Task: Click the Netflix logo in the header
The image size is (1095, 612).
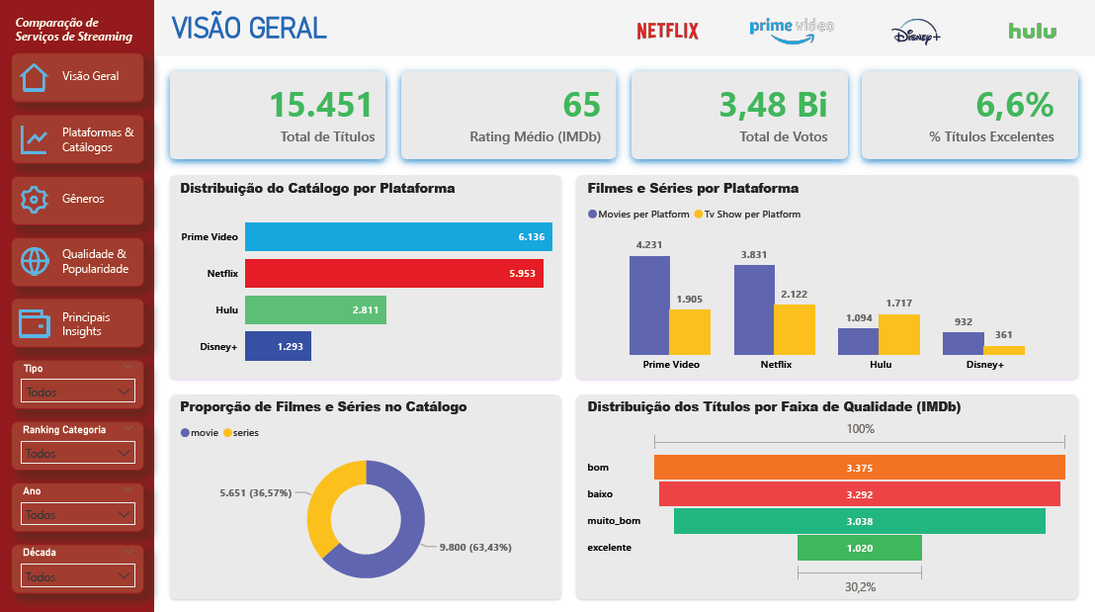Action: (667, 31)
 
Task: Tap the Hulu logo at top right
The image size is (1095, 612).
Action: (1032, 31)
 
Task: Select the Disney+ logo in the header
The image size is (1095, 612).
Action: (915, 33)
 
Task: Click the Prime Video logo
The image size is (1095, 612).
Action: (791, 30)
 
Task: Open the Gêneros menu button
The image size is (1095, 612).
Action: (77, 200)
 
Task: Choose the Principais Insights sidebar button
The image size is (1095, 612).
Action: (77, 324)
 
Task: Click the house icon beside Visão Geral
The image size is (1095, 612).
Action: (35, 77)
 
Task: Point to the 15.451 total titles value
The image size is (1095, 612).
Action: (321, 105)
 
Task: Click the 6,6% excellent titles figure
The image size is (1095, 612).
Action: (1014, 105)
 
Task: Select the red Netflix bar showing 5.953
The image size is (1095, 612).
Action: (393, 273)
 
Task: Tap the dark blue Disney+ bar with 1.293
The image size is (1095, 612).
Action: (278, 346)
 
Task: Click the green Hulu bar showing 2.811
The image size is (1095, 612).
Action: (315, 309)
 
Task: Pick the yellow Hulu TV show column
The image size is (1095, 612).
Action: (898, 335)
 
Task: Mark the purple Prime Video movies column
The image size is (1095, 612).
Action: (648, 305)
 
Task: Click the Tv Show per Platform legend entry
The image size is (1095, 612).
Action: (747, 215)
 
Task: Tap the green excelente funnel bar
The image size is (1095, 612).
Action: (859, 547)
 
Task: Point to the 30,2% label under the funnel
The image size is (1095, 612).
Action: (860, 586)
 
